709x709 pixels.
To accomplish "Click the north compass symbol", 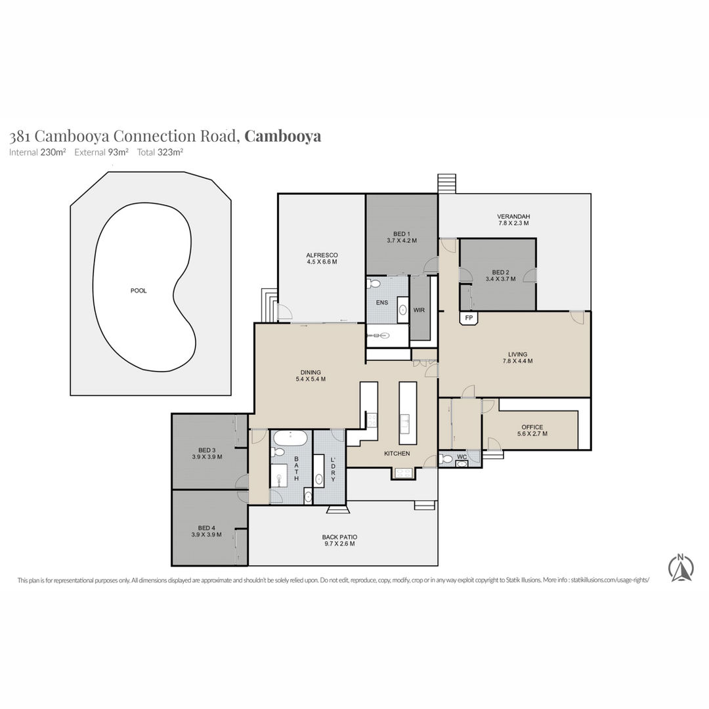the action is (x=681, y=567).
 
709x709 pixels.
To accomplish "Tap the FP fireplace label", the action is (x=469, y=318).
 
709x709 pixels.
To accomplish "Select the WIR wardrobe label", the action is (x=419, y=310).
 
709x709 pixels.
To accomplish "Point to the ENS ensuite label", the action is (x=382, y=303).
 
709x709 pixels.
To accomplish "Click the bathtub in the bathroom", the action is (x=290, y=438).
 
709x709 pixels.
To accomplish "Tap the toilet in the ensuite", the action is (x=374, y=284).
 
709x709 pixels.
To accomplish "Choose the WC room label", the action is (x=462, y=457).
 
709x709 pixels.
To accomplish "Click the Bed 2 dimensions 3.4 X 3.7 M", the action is (x=500, y=279).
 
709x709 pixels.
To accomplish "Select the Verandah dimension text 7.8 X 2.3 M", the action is (x=513, y=223).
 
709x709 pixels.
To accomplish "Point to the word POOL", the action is (x=139, y=291).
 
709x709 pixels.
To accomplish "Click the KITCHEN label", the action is (x=397, y=454).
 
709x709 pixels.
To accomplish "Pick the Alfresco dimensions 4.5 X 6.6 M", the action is (x=322, y=262).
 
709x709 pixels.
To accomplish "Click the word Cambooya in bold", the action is (x=282, y=136).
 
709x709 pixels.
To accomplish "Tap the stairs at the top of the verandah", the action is (x=447, y=184).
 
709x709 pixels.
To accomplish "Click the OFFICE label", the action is (x=532, y=427).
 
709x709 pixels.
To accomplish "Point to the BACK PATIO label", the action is (x=339, y=537).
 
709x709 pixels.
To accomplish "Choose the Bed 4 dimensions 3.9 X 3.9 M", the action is (x=206, y=534).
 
